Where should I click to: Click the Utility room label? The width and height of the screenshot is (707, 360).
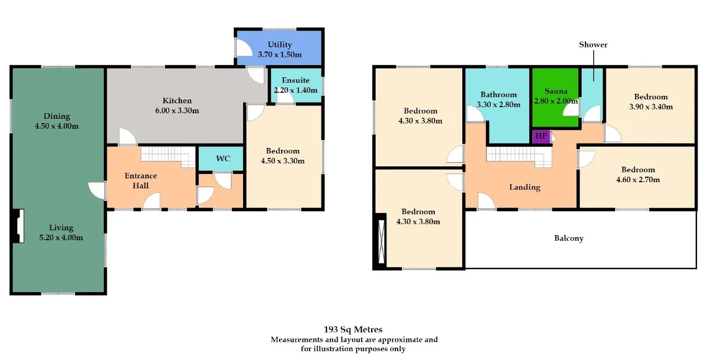[x=279, y=45]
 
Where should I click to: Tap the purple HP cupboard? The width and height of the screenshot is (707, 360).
[x=541, y=136]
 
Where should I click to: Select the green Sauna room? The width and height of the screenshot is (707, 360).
[x=556, y=97]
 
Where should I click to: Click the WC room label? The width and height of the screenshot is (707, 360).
[x=223, y=158]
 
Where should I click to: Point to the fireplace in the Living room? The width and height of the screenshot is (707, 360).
[x=18, y=226]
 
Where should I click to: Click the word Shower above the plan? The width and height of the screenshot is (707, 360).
[x=593, y=45]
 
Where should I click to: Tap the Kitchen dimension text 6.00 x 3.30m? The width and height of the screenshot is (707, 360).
[x=177, y=111]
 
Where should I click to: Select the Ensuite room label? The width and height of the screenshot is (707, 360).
[x=296, y=80]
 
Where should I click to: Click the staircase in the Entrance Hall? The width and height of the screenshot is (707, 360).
[x=168, y=157]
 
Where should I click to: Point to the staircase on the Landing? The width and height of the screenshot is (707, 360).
[x=519, y=157]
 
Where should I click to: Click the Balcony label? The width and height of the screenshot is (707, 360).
[x=569, y=238]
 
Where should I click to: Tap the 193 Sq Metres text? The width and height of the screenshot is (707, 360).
[x=353, y=330]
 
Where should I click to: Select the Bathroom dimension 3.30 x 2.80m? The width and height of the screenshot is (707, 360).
[x=498, y=104]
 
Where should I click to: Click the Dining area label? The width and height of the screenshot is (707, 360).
[x=57, y=116]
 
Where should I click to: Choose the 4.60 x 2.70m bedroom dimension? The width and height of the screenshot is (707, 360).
[x=638, y=179]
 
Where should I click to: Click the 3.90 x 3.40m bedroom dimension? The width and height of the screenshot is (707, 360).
[x=651, y=107]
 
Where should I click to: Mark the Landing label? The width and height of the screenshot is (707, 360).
[x=525, y=187]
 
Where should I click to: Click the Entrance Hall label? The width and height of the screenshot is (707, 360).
[x=140, y=181]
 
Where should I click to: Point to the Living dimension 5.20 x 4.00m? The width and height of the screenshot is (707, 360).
[x=61, y=237]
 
